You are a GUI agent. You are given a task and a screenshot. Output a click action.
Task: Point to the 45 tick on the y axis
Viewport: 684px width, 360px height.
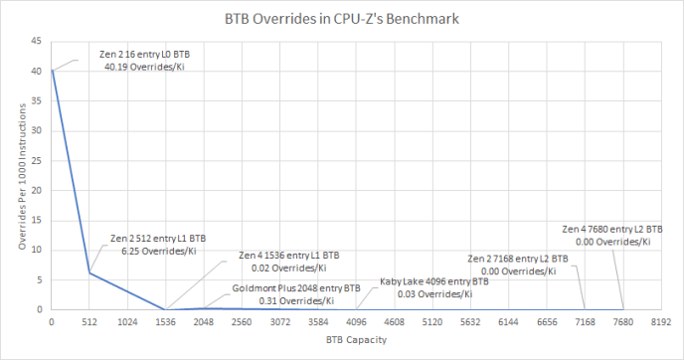coord(37,41)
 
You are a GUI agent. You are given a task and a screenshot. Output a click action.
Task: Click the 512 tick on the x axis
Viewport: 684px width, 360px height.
coord(88,321)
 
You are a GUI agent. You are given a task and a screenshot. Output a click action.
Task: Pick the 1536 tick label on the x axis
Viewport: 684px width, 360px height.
coord(165,321)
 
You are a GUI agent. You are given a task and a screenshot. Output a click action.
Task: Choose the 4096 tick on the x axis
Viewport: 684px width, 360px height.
coord(356,321)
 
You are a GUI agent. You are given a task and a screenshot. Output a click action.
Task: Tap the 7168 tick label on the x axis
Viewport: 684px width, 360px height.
coord(585,321)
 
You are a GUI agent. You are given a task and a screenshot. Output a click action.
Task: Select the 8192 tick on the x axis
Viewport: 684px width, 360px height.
coord(661,321)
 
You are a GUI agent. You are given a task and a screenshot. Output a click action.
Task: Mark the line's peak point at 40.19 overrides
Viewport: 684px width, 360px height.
coord(52,70)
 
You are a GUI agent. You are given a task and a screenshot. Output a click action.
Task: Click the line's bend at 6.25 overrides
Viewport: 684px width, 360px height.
coord(88,272)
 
